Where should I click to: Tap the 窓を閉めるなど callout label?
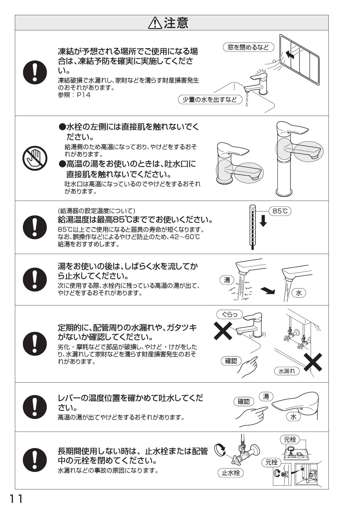[248, 47]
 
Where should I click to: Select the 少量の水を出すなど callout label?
[210, 100]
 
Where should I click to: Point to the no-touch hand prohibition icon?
[35, 158]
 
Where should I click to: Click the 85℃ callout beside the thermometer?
[280, 211]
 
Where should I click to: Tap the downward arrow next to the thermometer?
[263, 220]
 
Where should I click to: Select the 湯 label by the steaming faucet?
[227, 280]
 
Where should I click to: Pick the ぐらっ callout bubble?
[230, 314]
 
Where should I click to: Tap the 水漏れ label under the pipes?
[287, 371]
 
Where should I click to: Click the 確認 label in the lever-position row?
[244, 402]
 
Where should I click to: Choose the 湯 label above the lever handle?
[266, 396]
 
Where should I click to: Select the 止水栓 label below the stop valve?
[231, 473]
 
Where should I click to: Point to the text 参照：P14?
[74, 95]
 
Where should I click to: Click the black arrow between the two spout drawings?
[268, 290]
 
